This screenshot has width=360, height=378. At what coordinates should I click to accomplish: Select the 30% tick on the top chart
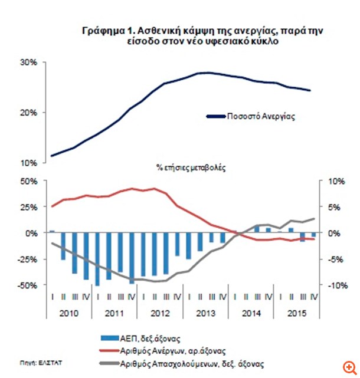pos(30,63)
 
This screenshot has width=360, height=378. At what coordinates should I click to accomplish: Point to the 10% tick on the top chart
pos(30,163)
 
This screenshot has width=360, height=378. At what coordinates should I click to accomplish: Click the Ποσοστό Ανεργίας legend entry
pos(260,117)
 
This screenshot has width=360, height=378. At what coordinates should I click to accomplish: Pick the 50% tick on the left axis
pos(30,181)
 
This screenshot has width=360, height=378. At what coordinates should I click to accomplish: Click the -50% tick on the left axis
pos(28,285)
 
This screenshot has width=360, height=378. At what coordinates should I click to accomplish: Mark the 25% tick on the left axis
pos(30,207)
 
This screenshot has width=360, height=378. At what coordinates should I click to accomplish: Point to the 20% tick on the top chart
pos(30,113)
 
